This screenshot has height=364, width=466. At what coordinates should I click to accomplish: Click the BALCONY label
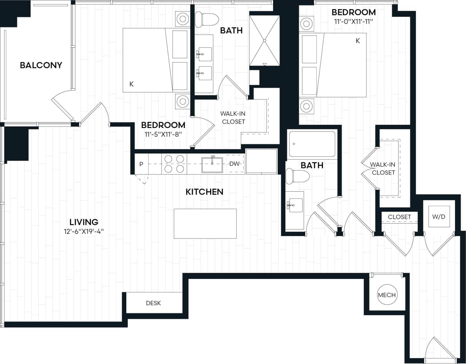coord(41,65)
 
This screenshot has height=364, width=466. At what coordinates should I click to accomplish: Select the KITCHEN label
coord(204,192)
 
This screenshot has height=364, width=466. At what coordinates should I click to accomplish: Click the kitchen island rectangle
coord(205,224)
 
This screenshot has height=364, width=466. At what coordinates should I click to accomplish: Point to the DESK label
coord(153,303)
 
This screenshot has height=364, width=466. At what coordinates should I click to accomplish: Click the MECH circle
coord(387,295)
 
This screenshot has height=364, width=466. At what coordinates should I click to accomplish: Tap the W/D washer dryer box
coord(439,217)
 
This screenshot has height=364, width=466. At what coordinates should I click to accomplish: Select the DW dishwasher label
coord(234,164)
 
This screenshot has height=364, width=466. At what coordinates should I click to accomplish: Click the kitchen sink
coord(213,164)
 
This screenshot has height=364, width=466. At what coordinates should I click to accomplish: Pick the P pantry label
coord(141,164)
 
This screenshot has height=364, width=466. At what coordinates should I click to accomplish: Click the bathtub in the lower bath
coord(312,144)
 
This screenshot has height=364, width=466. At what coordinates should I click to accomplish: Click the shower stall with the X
coord(264,40)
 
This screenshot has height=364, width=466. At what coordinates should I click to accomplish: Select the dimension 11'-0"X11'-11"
coord(353,21)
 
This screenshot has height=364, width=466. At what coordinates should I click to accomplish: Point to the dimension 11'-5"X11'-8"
coord(163,134)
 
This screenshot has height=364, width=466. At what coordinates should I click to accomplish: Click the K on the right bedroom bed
coord(358,41)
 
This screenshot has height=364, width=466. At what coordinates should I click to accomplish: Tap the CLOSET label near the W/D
coord(399,217)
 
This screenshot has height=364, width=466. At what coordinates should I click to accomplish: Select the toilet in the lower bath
coord(297,177)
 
